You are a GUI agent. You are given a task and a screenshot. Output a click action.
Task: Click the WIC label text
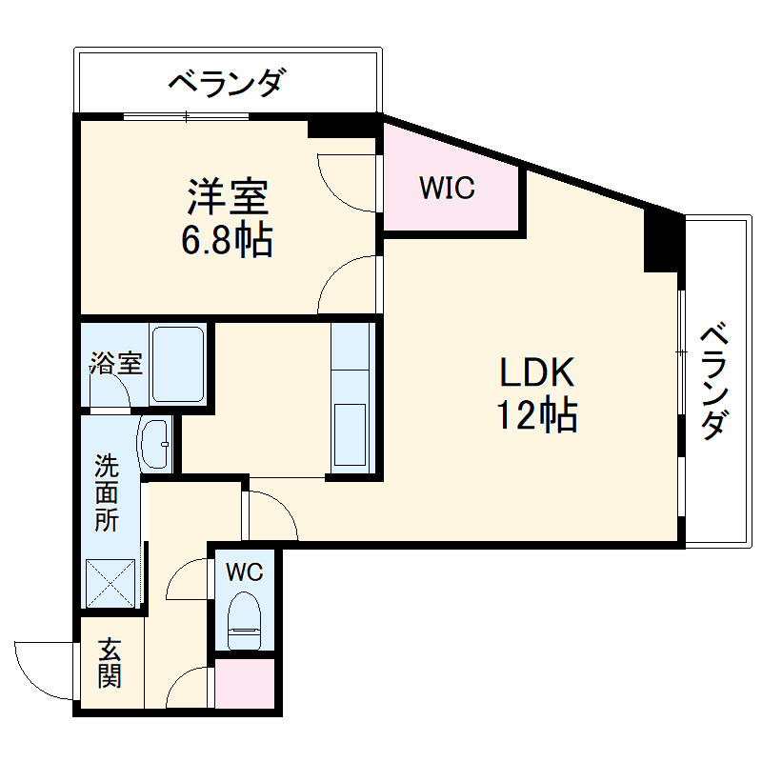[x=447, y=189]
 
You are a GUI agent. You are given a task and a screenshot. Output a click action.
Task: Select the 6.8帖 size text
[x=228, y=241]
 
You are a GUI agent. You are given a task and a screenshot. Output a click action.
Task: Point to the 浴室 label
[x=116, y=363]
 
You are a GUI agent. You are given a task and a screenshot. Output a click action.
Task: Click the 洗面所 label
[x=106, y=493]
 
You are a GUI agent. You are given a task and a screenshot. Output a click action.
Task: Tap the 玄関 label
[x=109, y=664]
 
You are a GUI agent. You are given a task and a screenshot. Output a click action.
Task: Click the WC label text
[x=243, y=572]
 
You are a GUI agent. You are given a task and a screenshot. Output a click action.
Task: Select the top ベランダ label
[x=226, y=84]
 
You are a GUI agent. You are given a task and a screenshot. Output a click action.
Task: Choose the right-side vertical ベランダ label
[x=716, y=382]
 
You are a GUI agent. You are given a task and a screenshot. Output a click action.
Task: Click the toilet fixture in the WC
[x=245, y=620]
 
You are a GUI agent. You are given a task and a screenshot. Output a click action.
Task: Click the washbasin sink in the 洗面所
[x=155, y=444]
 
